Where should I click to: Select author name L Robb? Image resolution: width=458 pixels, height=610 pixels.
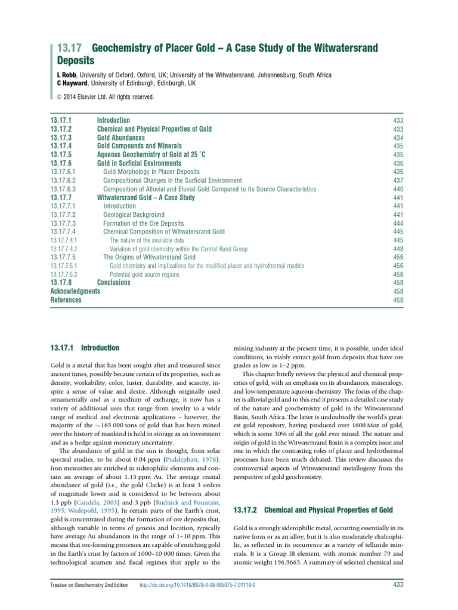[x=64, y=75]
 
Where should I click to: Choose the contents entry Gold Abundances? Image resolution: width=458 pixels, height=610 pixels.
[x=120, y=138]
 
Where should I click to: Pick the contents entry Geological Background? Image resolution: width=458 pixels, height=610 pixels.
[x=134, y=215]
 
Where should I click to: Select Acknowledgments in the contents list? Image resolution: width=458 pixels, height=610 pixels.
[x=75, y=292]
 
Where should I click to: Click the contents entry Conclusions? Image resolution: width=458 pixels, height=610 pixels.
[x=113, y=283]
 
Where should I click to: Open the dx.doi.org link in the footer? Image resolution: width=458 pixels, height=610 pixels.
[x=197, y=585]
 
